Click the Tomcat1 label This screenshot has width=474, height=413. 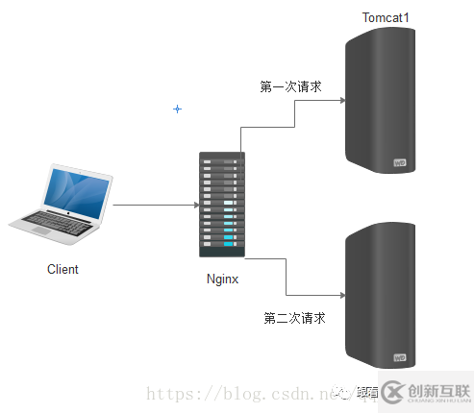point(387,18)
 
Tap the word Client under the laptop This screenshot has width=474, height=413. point(62,269)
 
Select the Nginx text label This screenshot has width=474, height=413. point(222,279)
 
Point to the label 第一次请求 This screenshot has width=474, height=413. point(290,86)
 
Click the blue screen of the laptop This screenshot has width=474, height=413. point(72,189)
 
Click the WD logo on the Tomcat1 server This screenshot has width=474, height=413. point(401,163)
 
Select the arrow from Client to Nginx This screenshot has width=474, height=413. point(154,205)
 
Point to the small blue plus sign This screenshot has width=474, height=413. point(177,109)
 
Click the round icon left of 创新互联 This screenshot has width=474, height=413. point(392,392)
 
